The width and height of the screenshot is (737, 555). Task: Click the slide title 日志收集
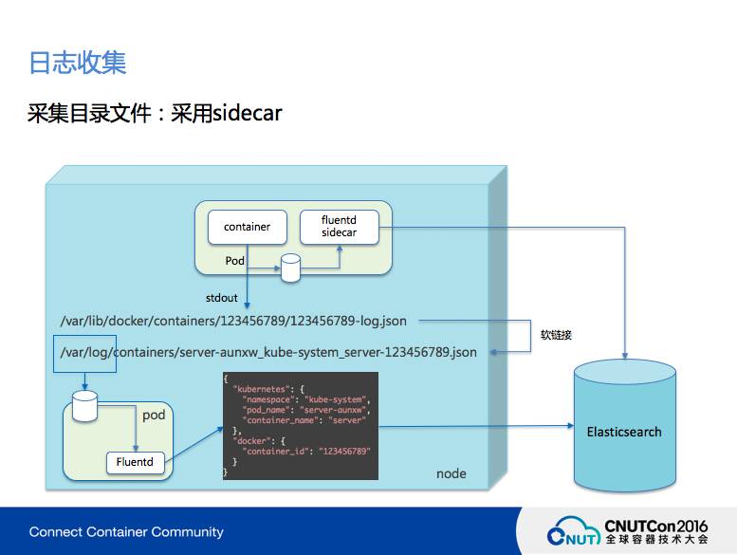click(78, 63)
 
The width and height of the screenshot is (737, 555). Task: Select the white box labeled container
click(247, 227)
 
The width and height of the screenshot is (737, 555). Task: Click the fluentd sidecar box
click(339, 226)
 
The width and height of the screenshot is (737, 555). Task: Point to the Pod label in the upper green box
click(235, 260)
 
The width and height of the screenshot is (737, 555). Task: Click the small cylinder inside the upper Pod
click(290, 268)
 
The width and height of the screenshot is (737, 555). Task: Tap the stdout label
click(222, 298)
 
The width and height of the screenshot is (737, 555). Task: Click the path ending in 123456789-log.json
click(233, 322)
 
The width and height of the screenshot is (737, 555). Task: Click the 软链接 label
click(557, 335)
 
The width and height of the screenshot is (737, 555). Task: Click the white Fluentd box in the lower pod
click(135, 463)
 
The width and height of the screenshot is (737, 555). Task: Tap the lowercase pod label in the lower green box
click(154, 416)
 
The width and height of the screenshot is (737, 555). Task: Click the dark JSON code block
click(300, 426)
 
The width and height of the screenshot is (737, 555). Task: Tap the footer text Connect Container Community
click(126, 531)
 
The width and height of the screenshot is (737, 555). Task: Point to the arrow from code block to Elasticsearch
click(474, 425)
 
